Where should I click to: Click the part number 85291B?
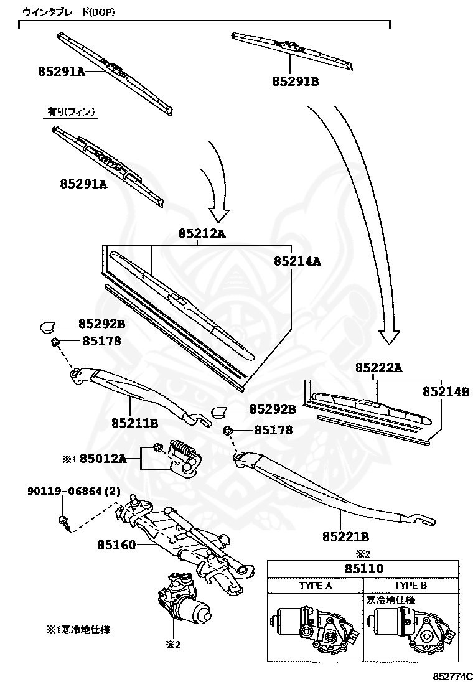click(295, 82)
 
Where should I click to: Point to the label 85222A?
click(379, 368)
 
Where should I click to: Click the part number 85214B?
click(446, 391)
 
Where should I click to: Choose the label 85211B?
click(135, 423)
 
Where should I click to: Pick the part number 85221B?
click(345, 536)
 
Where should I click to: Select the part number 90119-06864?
click(65, 491)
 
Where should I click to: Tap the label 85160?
click(116, 545)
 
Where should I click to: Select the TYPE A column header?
click(316, 586)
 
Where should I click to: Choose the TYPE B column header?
click(410, 586)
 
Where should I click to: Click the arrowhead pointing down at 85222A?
click(390, 337)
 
